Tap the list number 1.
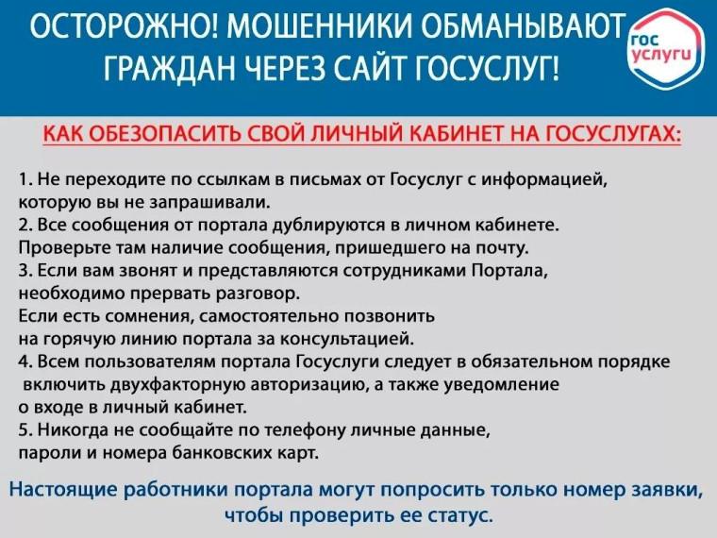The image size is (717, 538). pos(23,179)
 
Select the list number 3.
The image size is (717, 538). pos(24,271)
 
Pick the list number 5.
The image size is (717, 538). pos(24,431)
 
